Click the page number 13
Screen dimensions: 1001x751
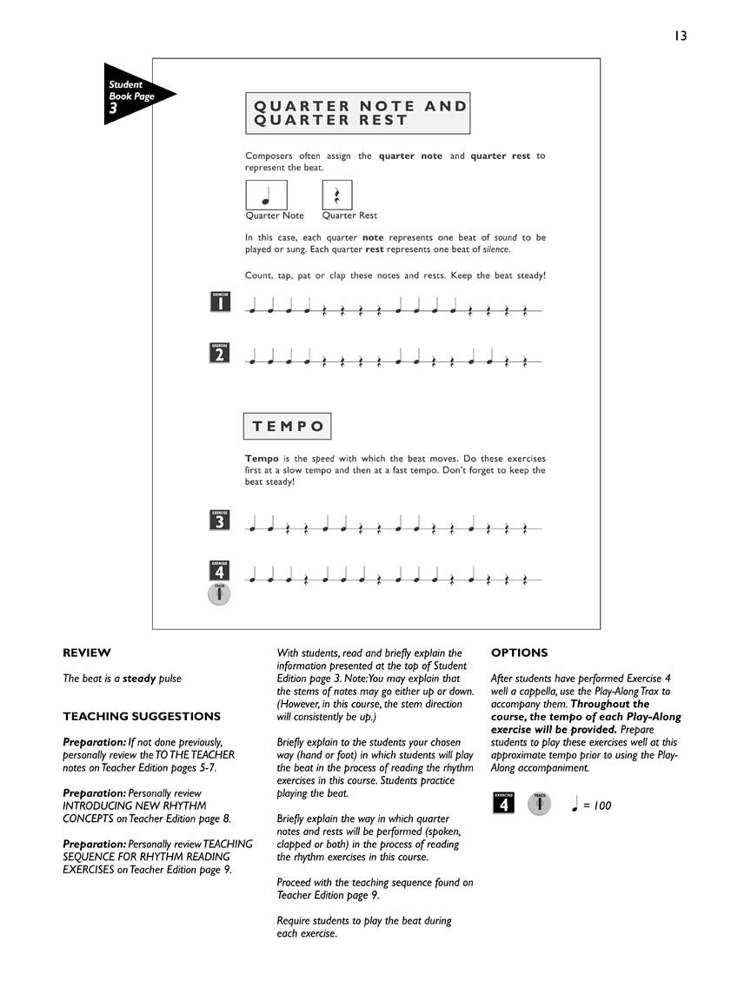pyautogui.click(x=679, y=36)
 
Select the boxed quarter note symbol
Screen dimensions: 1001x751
pyautogui.click(x=266, y=195)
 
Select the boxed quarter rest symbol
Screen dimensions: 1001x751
pyautogui.click(x=337, y=195)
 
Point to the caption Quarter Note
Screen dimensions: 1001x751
pyautogui.click(x=275, y=215)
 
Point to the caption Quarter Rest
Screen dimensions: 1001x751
pyautogui.click(x=349, y=215)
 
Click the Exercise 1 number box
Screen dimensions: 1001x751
pyautogui.click(x=220, y=302)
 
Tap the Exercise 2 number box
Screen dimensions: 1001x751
pyautogui.click(x=220, y=352)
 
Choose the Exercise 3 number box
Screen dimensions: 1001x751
pyautogui.click(x=220, y=520)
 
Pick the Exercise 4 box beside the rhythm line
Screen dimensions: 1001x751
pyautogui.click(x=220, y=570)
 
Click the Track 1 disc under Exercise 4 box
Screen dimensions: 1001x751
pyautogui.click(x=220, y=594)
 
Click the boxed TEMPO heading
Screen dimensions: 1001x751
pyautogui.click(x=288, y=427)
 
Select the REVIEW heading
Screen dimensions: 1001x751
pyautogui.click(x=87, y=653)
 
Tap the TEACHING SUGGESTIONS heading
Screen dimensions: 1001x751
pyautogui.click(x=142, y=717)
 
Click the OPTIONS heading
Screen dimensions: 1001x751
pyautogui.click(x=520, y=653)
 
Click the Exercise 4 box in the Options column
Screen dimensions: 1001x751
pyautogui.click(x=502, y=804)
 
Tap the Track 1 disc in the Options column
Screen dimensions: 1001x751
pyautogui.click(x=540, y=804)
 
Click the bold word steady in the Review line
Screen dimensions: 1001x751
pyautogui.click(x=139, y=679)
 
